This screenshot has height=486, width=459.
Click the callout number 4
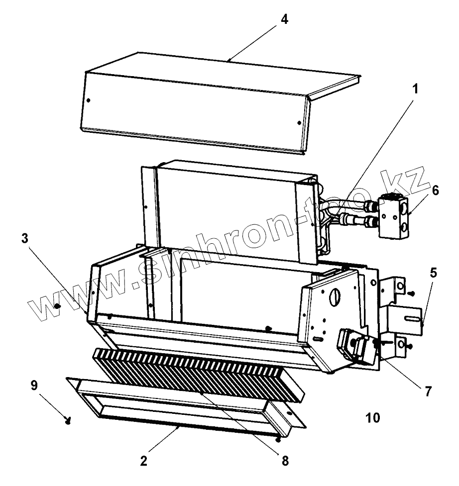tap(284, 19)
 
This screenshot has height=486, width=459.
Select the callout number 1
tap(415, 90)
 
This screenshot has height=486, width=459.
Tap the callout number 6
tap(435, 191)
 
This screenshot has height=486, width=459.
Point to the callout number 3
tap(24, 238)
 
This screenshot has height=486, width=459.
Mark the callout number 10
tap(372, 417)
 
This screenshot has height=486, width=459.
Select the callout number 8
tap(285, 460)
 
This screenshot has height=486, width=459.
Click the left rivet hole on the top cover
tap(88, 100)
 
